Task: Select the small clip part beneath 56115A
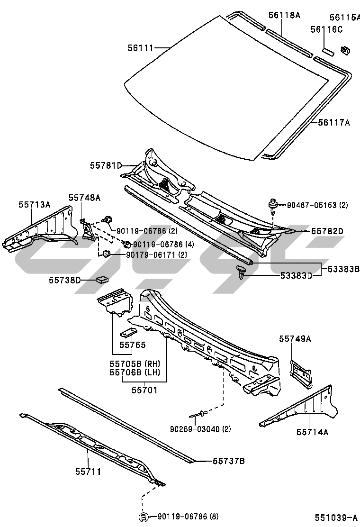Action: pyautogui.click(x=345, y=48)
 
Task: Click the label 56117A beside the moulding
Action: pyautogui.click(x=333, y=123)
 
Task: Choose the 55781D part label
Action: pyautogui.click(x=106, y=165)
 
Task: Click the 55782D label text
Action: pyautogui.click(x=327, y=231)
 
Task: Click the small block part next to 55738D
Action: pyautogui.click(x=101, y=279)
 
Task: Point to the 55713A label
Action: pyautogui.click(x=35, y=204)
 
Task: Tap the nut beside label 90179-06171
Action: pyautogui.click(x=106, y=254)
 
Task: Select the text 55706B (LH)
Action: pyautogui.click(x=135, y=372)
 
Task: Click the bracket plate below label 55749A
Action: pyautogui.click(x=301, y=371)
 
